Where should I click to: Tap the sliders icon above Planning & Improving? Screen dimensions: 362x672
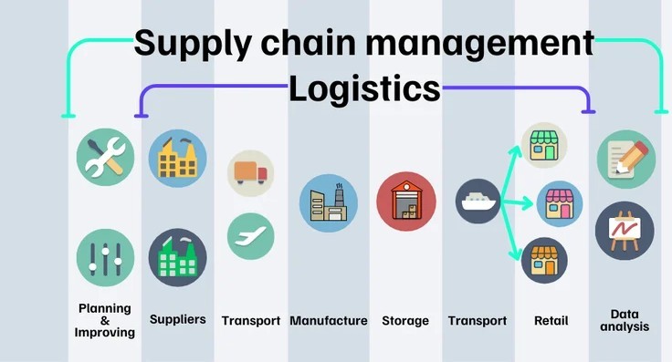[105, 256]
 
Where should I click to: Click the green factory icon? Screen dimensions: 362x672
[177, 256]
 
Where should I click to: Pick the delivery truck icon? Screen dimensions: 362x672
[250, 172]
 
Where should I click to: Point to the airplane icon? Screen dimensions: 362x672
[250, 235]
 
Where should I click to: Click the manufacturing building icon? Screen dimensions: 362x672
[329, 202]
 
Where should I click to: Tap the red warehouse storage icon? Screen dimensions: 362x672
[405, 202]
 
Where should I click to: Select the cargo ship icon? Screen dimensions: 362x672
[478, 202]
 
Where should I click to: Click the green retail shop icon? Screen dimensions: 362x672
[543, 146]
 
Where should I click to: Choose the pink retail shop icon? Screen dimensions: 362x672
[558, 203]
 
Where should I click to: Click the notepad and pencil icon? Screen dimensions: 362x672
[625, 159]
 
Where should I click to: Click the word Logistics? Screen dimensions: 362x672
[365, 88]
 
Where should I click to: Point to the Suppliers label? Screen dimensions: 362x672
[177, 320]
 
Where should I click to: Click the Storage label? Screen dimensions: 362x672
[405, 321]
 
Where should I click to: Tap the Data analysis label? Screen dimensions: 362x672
[625, 319]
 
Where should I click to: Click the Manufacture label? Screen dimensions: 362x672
[329, 321]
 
